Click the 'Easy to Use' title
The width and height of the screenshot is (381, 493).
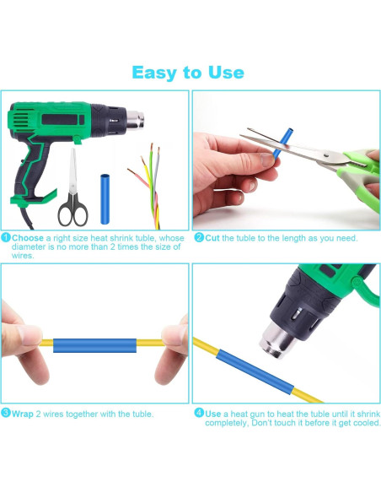point(188,73)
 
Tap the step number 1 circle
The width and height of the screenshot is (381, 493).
point(6,237)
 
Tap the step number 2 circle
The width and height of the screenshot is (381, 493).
point(199,237)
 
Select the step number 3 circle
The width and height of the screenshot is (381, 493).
point(6,413)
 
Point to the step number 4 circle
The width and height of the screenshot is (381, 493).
point(199,413)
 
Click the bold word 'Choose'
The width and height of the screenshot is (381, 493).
point(28,238)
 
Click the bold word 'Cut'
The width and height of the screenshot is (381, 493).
point(212,238)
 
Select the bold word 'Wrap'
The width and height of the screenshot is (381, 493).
point(22,414)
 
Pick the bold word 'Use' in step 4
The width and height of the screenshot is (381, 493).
point(212,414)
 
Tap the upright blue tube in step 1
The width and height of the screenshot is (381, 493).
point(105,199)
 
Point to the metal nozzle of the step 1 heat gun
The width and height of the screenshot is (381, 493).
point(135,120)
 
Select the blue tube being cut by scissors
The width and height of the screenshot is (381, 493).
point(282,143)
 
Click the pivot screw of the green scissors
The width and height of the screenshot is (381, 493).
point(326,154)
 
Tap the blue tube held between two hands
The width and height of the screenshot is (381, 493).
point(94,345)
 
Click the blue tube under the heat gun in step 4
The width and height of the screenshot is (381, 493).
point(255,372)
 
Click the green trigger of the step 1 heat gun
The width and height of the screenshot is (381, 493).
point(78,140)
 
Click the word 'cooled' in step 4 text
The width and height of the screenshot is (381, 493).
point(366,423)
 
